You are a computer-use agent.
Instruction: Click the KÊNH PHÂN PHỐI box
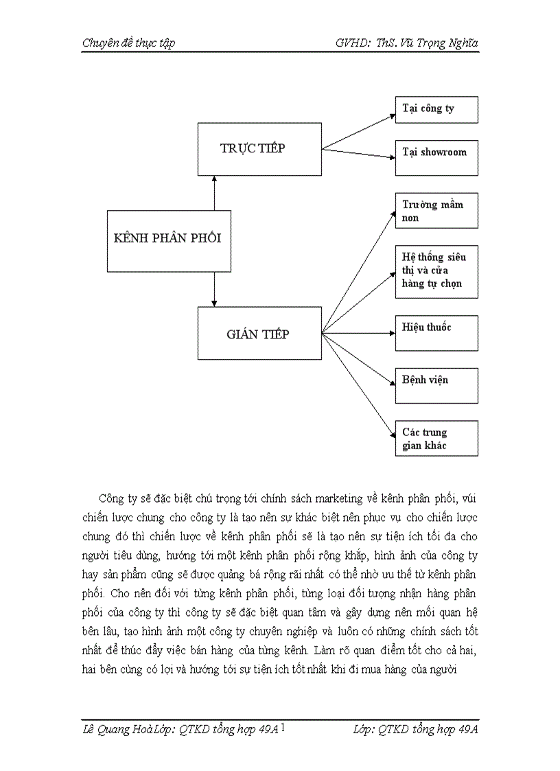click(x=169, y=241)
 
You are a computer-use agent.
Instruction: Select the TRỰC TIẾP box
click(x=259, y=149)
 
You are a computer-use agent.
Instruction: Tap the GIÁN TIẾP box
click(x=259, y=333)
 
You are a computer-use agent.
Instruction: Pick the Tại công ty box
click(x=436, y=110)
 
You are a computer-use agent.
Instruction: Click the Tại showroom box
click(x=436, y=157)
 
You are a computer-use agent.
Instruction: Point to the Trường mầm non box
click(x=436, y=211)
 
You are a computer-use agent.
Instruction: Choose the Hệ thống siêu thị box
click(x=436, y=271)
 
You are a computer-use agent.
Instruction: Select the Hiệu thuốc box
click(x=436, y=333)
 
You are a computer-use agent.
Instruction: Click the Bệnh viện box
click(x=436, y=385)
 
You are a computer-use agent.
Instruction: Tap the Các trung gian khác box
click(x=436, y=439)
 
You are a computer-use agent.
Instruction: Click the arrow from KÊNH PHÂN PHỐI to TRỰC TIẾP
click(x=215, y=193)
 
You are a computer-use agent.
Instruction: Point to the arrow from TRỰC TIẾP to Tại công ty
click(x=358, y=131)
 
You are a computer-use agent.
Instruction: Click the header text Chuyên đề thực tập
click(x=128, y=43)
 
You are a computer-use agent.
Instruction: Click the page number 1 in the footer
click(x=283, y=728)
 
